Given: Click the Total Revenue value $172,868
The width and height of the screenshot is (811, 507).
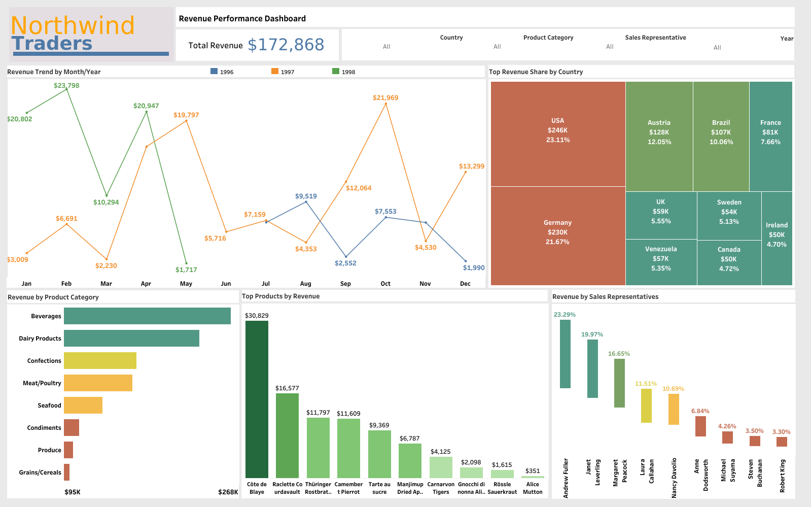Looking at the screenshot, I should (x=286, y=45).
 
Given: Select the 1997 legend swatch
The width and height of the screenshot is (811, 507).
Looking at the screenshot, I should (x=275, y=72).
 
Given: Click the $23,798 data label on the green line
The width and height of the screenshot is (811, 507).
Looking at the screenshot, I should (x=66, y=85).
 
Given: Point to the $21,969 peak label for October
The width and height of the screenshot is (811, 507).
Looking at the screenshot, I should (x=385, y=97).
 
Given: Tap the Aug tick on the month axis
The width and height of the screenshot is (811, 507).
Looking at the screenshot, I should (x=305, y=284).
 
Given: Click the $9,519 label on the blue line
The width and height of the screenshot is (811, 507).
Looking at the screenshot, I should (x=306, y=196).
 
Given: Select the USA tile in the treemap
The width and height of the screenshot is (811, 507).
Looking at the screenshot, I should (x=558, y=133).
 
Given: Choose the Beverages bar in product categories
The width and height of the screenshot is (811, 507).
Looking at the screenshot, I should (x=147, y=316).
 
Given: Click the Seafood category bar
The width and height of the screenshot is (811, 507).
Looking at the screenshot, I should (x=83, y=405).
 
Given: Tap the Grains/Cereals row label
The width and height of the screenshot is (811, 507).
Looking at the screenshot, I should (x=40, y=472).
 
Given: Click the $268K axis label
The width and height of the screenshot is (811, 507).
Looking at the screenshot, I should (x=228, y=492).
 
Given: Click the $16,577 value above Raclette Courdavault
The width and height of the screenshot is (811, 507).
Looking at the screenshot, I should (x=287, y=388).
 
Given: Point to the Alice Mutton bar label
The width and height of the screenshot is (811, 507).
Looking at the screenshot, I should (x=533, y=488).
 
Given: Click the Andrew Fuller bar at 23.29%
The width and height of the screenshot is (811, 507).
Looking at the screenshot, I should (x=565, y=354).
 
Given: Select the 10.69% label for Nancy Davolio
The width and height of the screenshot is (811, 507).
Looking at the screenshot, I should (x=673, y=389).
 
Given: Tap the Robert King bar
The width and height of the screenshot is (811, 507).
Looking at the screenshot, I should (x=782, y=442).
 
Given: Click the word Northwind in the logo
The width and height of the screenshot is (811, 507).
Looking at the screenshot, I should (x=73, y=25).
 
